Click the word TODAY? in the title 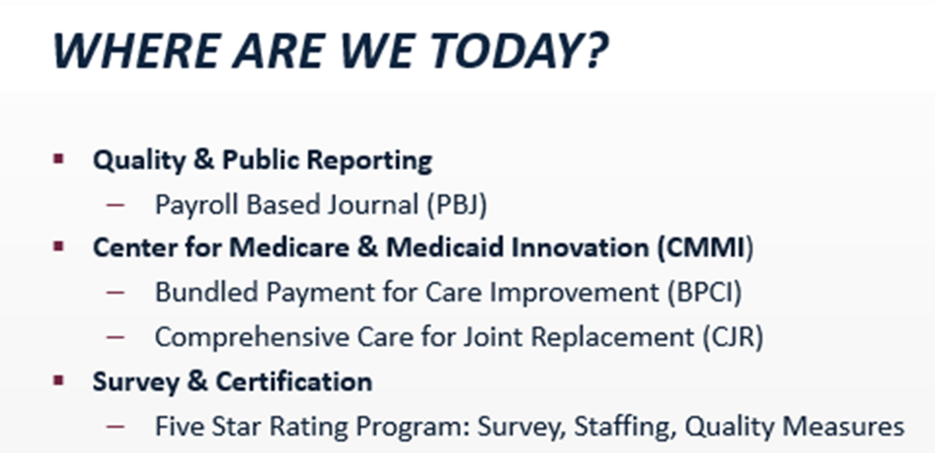tap(519, 51)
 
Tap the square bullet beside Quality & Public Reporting tap(58, 159)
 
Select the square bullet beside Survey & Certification tap(58, 380)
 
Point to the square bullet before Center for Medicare tap(58, 247)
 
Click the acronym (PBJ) tap(457, 205)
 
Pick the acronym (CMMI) tap(706, 248)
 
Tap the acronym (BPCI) tap(704, 292)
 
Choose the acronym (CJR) tap(733, 337)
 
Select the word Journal tap(373, 205)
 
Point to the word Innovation tap(580, 248)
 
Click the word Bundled tap(207, 292)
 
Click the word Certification tap(294, 382)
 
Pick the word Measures tap(844, 427)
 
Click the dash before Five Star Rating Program tap(115, 426)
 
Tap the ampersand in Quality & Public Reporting tap(204, 159)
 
